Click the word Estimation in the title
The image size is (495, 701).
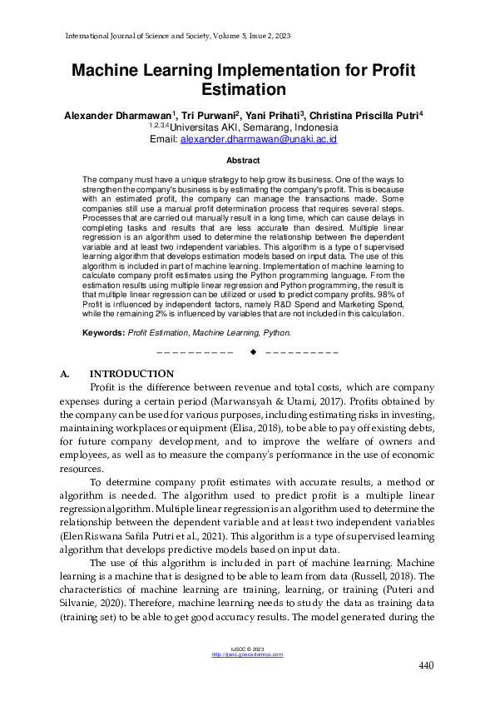tap(247, 90)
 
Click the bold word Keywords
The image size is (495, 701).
tap(102, 332)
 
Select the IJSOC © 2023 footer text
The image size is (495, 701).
tap(247, 648)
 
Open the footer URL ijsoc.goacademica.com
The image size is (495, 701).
tap(247, 654)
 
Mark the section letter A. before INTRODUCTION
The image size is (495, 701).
tap(67, 374)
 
